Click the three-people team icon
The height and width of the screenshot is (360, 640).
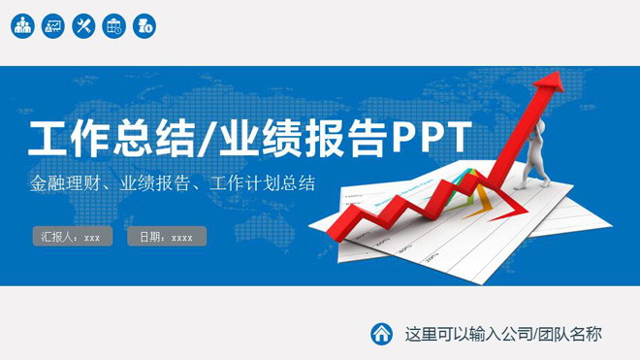coord(23,26)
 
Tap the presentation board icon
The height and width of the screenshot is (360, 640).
coord(53,26)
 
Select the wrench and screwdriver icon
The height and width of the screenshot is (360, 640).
coord(83,26)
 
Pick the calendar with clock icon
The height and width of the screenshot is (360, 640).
coord(113,26)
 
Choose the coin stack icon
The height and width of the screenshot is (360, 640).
coord(144,26)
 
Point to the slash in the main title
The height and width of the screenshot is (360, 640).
coord(208,139)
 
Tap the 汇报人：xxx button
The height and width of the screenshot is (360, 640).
coord(72,236)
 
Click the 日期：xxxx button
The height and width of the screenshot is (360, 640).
coord(166,236)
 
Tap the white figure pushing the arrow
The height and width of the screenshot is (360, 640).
coord(532,160)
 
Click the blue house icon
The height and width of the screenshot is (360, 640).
coord(382,333)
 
